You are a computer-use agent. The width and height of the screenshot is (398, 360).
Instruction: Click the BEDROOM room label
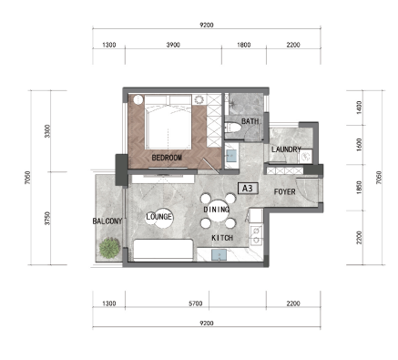click(x=167, y=158)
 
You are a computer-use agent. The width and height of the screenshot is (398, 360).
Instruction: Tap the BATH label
click(x=250, y=121)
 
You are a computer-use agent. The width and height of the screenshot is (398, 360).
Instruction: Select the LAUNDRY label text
click(x=286, y=149)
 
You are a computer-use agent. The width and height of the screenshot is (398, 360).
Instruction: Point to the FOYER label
click(x=284, y=191)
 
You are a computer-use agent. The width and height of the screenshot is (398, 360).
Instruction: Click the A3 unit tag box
click(x=248, y=189)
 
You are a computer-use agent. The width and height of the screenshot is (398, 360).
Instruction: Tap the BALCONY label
click(x=107, y=221)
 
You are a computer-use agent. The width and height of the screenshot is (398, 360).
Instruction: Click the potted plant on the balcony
click(x=109, y=248)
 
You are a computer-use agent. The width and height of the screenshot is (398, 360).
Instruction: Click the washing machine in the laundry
click(x=305, y=157)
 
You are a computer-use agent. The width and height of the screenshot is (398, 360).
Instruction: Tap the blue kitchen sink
click(x=219, y=255)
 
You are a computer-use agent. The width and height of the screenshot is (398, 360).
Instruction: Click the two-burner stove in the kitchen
click(x=256, y=235)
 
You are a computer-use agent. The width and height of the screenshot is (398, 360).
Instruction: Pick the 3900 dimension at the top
click(x=173, y=45)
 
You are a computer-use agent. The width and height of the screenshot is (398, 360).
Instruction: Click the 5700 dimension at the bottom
click(x=195, y=303)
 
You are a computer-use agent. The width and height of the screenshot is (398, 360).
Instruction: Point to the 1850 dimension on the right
click(x=360, y=188)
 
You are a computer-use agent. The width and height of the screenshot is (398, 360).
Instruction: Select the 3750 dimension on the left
click(x=47, y=218)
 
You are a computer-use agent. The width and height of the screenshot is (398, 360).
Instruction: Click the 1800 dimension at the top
click(x=244, y=45)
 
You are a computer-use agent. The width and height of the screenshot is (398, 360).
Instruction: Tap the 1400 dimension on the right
click(x=360, y=108)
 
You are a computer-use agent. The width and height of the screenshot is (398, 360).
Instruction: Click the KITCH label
click(x=222, y=238)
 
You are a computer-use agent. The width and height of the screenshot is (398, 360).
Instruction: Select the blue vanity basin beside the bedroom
click(x=231, y=156)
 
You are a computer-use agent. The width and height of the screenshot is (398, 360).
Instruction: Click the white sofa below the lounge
click(x=163, y=250)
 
